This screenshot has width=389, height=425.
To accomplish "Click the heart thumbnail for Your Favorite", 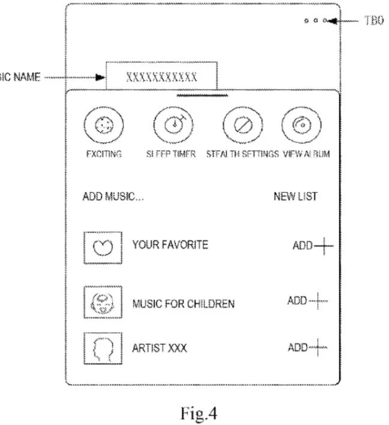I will [102, 248].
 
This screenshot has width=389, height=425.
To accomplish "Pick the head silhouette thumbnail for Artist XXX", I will [102, 347].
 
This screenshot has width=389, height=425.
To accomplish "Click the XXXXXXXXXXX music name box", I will [162, 77].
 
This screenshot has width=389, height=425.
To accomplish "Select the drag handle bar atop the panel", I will [202, 95].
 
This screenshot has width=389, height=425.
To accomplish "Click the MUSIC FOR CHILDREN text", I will [183, 304].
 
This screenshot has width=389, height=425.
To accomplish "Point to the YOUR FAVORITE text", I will [170, 245].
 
